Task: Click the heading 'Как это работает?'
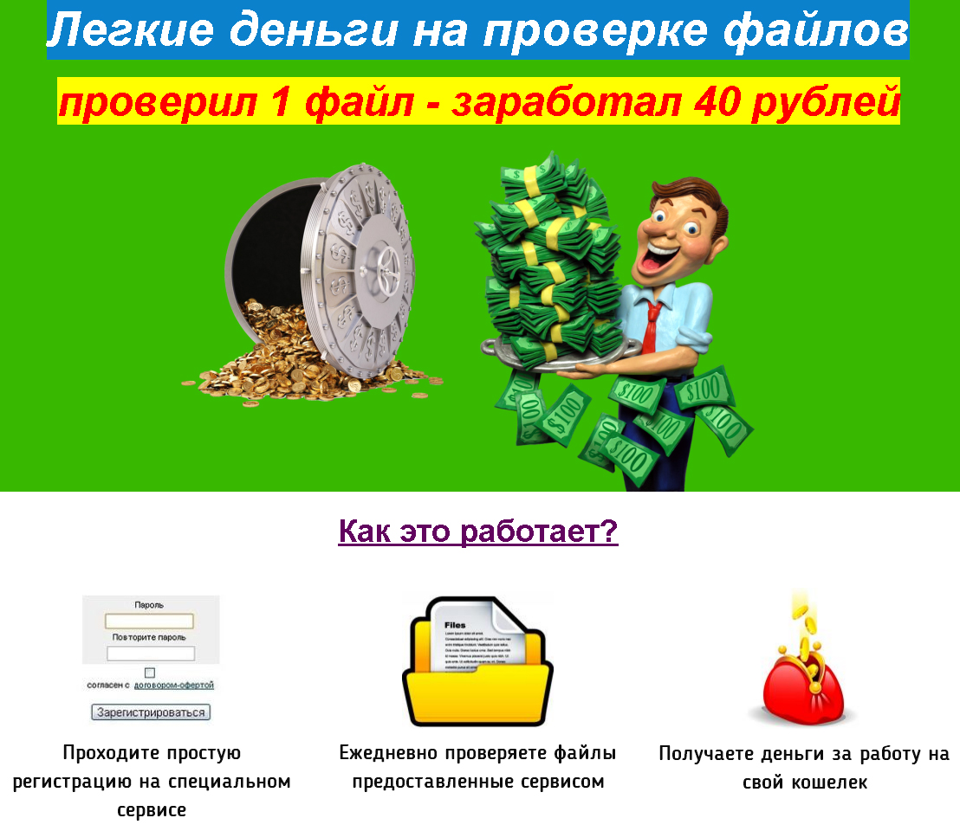click(x=478, y=531)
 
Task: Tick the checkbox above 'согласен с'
click(x=150, y=673)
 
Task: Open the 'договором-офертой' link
click(x=174, y=685)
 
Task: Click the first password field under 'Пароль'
click(x=149, y=621)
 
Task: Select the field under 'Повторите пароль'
click(x=151, y=654)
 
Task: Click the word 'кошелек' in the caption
click(x=829, y=783)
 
